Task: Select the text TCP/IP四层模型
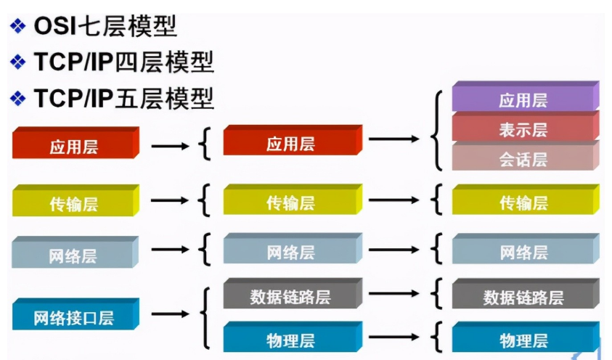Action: (123, 62)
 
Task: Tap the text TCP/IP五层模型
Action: (123, 98)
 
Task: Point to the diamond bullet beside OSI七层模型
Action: (17, 27)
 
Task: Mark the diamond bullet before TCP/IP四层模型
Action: (17, 62)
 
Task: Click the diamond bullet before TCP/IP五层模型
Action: (17, 98)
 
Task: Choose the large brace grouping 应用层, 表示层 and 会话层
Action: (437, 131)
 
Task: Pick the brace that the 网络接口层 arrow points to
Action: (207, 316)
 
